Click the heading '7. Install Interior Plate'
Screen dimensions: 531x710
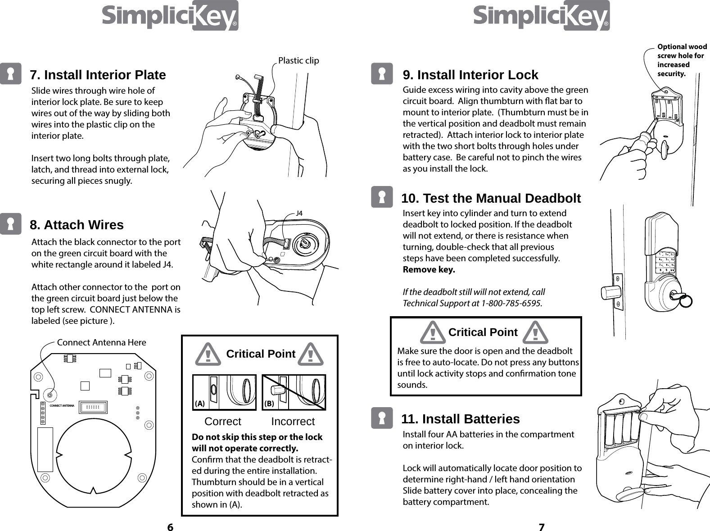tap(98, 75)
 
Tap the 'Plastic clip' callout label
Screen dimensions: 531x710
tap(298, 60)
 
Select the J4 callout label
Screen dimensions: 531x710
tap(299, 213)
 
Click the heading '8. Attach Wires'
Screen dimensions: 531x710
tap(77, 225)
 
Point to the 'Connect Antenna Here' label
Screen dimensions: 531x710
tap(101, 342)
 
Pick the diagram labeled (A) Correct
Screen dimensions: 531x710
tap(224, 392)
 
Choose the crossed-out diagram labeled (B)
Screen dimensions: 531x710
tap(294, 392)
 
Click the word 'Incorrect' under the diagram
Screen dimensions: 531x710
tap(293, 422)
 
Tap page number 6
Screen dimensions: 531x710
tap(170, 527)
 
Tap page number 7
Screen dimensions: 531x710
tap(542, 527)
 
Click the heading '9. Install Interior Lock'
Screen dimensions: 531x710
tap(470, 75)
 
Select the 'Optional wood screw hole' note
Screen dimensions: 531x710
tap(682, 60)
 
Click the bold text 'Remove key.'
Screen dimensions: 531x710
tap(428, 270)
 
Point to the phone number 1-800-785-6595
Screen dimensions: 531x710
tap(511, 303)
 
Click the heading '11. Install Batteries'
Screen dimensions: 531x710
tap(460, 419)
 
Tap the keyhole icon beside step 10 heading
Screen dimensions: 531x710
tap(382, 197)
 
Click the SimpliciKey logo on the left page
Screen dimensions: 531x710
tap(170, 16)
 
